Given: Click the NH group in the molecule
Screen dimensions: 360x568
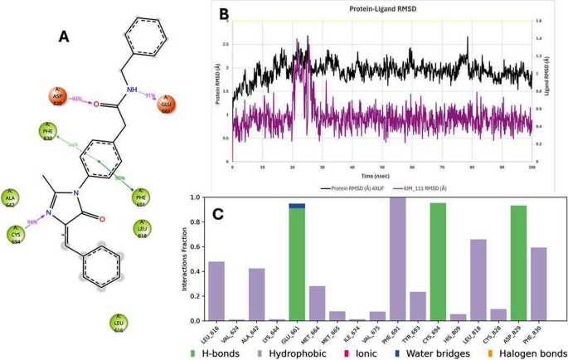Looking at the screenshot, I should (130, 91).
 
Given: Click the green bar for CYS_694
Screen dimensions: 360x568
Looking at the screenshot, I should (438, 261).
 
